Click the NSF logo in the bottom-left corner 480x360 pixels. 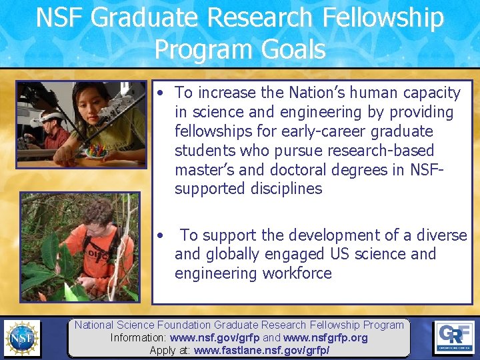coord(21,338)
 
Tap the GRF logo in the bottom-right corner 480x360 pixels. coord(455,337)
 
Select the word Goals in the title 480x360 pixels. coord(294,49)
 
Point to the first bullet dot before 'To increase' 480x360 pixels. coord(162,93)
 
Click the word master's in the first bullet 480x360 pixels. coord(202,169)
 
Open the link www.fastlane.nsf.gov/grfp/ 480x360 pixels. coord(262,350)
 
